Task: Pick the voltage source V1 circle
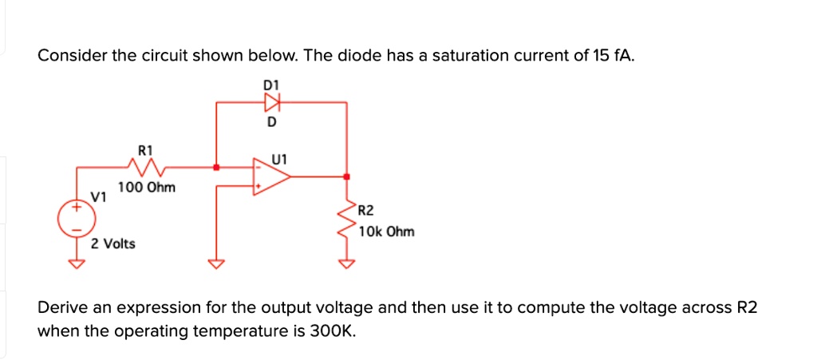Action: pyautogui.click(x=77, y=217)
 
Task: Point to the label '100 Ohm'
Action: pyautogui.click(x=147, y=188)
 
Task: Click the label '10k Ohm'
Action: pyautogui.click(x=387, y=231)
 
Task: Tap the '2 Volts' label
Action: pyautogui.click(x=113, y=243)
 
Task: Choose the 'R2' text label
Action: pyautogui.click(x=365, y=212)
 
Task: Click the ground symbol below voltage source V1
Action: pyautogui.click(x=77, y=264)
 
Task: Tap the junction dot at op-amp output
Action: pyautogui.click(x=346, y=177)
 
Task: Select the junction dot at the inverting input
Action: pyautogui.click(x=216, y=168)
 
